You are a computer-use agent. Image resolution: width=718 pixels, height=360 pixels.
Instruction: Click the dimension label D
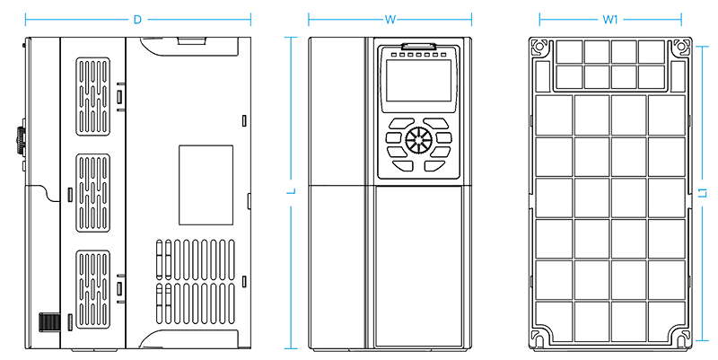[x=137, y=20]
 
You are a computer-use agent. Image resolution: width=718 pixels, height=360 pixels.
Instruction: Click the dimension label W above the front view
[x=390, y=20]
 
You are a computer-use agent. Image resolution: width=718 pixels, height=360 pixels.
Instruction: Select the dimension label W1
[x=610, y=20]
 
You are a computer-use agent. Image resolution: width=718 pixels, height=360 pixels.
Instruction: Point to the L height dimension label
[x=291, y=191]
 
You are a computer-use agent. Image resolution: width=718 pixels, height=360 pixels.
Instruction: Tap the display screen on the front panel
[x=418, y=81]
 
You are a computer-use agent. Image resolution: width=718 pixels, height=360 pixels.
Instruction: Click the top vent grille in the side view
[x=93, y=97]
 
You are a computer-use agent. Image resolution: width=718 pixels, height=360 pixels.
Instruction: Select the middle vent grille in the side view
[x=93, y=193]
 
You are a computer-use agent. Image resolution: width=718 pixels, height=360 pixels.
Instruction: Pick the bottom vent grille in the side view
[x=93, y=289]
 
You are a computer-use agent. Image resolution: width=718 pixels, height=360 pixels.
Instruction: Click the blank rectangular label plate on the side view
[x=206, y=185]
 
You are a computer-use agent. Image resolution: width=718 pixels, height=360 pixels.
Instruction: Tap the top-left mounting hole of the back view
[x=539, y=47]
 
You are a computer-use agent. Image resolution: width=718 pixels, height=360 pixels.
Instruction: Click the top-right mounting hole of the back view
[x=682, y=47]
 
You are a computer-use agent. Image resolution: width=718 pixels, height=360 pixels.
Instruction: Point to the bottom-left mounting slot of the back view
[x=539, y=340]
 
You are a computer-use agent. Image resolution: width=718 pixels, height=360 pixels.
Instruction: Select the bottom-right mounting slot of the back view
[x=682, y=340]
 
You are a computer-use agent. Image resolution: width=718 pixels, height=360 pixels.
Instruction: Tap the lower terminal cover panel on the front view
[x=418, y=266]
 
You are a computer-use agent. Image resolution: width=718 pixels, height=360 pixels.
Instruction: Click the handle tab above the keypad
[x=418, y=46]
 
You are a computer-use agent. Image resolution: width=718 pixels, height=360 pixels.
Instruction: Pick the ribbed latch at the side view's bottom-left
[x=49, y=321]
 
